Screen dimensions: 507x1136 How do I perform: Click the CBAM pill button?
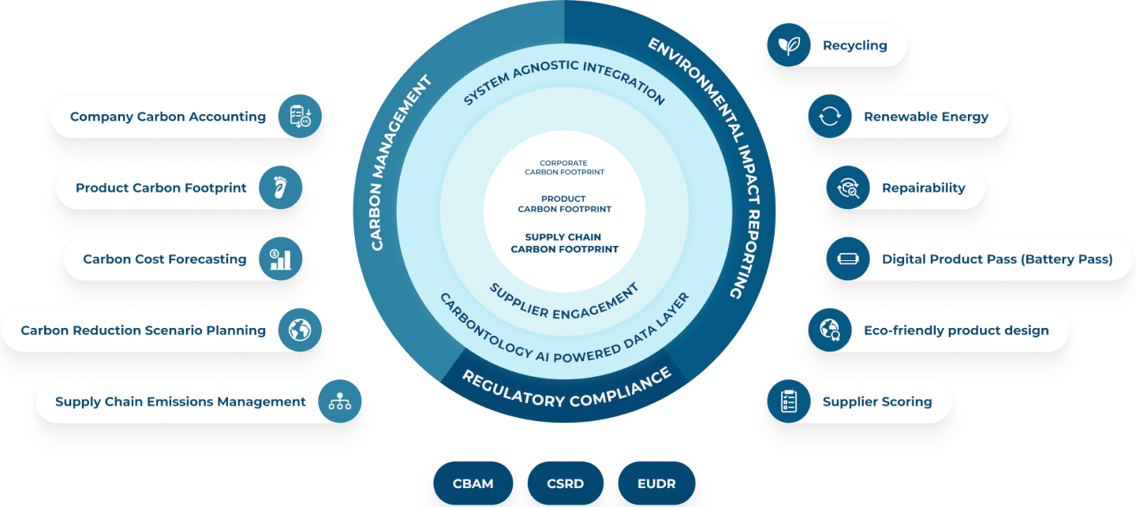click(x=473, y=483)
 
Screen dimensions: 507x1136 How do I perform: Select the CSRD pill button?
click(x=565, y=483)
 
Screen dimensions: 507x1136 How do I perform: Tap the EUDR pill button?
click(x=656, y=483)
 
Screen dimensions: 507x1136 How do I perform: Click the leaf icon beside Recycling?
click(x=788, y=45)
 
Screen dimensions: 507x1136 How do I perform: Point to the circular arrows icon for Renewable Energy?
click(x=829, y=117)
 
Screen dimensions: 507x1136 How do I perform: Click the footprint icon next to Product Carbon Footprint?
click(x=280, y=188)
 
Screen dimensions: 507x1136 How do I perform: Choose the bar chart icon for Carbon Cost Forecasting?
click(x=280, y=259)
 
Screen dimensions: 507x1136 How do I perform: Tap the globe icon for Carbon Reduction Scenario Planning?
click(x=300, y=330)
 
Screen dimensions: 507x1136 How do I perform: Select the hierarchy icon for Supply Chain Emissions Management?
click(x=340, y=401)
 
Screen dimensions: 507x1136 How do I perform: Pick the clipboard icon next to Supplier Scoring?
click(x=788, y=401)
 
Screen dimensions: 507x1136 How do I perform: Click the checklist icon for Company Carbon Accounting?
click(x=300, y=117)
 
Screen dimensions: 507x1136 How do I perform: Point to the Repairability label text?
click(x=923, y=188)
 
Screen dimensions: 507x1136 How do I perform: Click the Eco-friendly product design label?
click(x=956, y=330)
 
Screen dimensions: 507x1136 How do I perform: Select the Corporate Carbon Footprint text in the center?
click(x=564, y=167)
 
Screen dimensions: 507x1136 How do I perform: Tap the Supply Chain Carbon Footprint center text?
click(x=564, y=243)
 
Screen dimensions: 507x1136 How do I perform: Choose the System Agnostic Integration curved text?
click(x=564, y=79)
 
